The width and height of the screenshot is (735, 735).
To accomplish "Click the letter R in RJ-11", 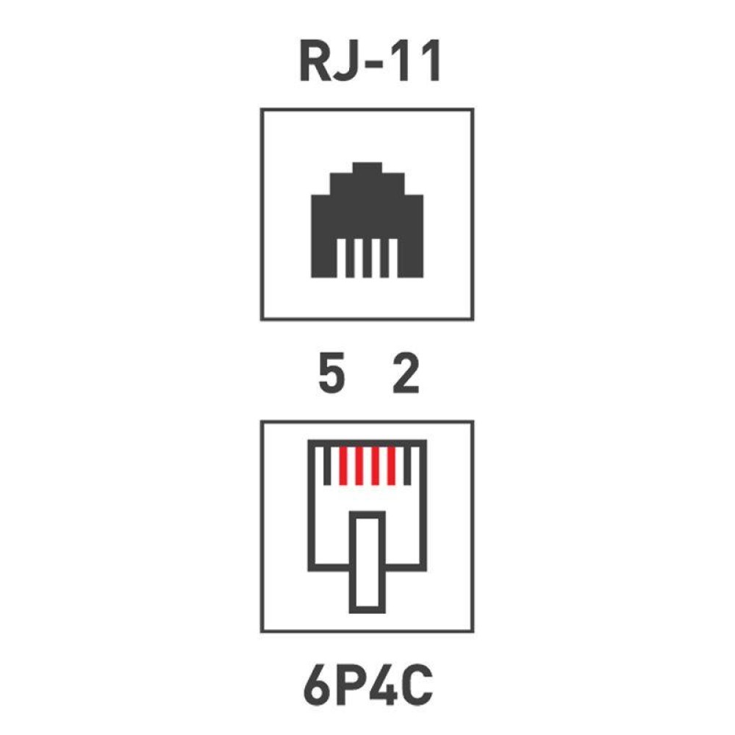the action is pos(316,61).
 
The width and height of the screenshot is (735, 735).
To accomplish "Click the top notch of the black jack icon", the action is pos(367,168).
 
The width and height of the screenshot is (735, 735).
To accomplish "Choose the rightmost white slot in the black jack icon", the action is pos(393,258).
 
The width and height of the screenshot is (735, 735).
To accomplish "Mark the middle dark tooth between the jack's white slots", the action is pos(367,258).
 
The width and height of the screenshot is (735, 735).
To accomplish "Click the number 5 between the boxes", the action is pos(332,373).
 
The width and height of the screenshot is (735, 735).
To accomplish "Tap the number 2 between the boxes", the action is pos(406,373).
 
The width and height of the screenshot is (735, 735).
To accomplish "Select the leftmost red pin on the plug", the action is pos(343,466).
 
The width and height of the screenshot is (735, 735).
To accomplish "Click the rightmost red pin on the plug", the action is pos(392,466).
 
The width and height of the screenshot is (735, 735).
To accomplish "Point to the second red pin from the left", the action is pos(359,466).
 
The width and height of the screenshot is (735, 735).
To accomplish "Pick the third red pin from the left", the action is pos(375,466).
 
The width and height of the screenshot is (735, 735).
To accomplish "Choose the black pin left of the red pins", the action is pos(327,466).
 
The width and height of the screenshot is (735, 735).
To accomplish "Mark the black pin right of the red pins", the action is pos(407,466).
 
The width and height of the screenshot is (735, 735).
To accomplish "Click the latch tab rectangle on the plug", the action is pos(353,562).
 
